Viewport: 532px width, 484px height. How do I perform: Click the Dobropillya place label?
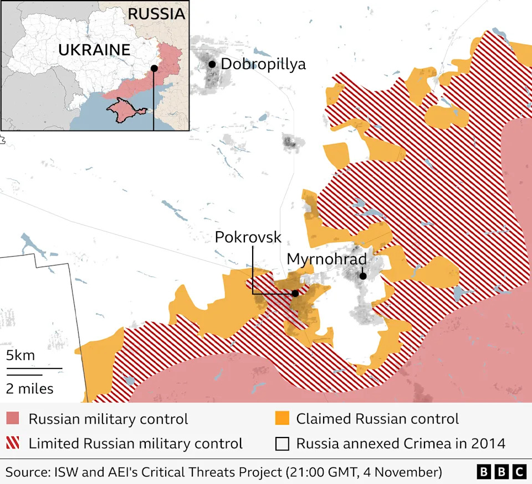click(263, 64)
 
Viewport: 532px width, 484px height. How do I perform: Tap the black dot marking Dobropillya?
click(212, 64)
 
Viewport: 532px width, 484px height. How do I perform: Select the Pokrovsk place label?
click(248, 238)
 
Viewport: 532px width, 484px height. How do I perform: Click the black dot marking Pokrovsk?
click(295, 293)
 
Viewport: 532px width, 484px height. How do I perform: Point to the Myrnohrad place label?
click(326, 259)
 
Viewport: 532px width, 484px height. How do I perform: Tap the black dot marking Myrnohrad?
click(362, 276)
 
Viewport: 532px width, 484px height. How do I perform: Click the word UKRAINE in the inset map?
click(94, 50)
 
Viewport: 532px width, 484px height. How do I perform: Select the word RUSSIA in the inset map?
click(156, 14)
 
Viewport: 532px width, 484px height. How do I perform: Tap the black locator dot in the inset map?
click(154, 68)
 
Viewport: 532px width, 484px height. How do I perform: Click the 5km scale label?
click(20, 355)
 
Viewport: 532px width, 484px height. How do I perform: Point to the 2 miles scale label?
click(30, 388)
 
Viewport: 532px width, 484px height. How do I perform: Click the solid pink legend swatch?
click(13, 419)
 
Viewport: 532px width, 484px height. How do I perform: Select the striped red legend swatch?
click(13, 443)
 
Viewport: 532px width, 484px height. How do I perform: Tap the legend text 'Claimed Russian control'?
click(377, 419)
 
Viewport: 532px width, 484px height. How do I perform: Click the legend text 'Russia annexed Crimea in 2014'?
click(401, 443)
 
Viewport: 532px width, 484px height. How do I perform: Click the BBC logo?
click(501, 471)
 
